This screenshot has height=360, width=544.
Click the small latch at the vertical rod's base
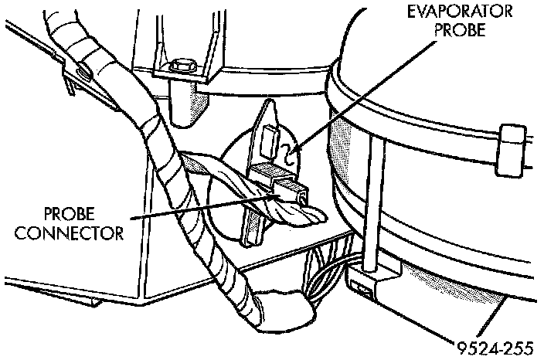pyautogui.click(x=364, y=287)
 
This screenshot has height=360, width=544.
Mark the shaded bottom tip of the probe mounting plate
pyautogui.click(x=251, y=232)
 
